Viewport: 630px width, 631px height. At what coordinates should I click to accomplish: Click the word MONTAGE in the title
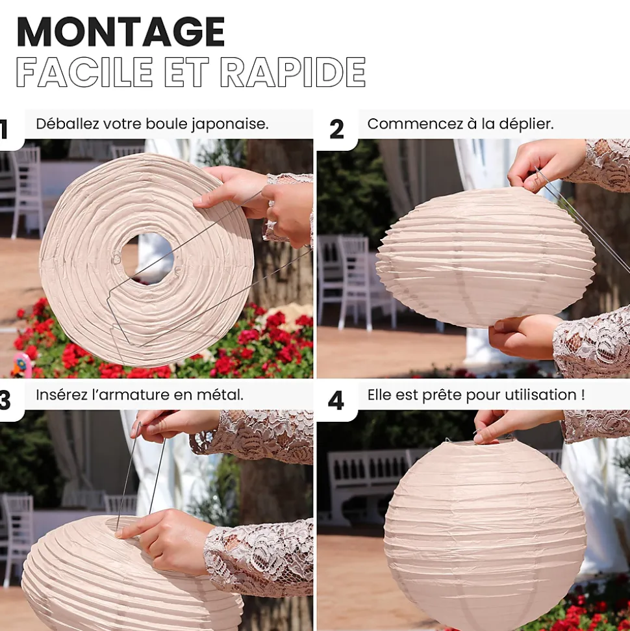[121, 32]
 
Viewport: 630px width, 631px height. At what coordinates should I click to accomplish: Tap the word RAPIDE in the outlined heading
[294, 72]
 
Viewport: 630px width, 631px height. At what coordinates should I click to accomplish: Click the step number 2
[336, 129]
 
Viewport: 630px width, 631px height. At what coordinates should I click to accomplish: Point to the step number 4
[336, 400]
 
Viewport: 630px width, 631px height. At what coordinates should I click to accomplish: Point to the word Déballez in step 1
[67, 124]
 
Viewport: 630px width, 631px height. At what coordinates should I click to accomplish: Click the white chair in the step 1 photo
[25, 189]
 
